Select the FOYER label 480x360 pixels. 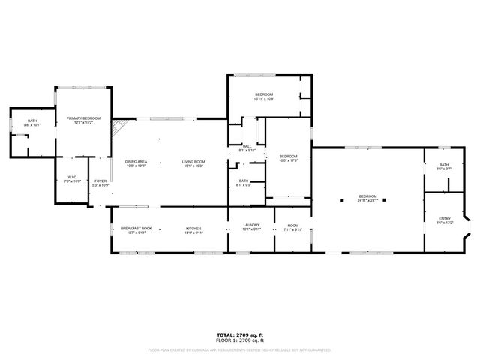coord(100,181)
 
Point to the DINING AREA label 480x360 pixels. coord(136,162)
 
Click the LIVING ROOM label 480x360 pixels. coord(193,162)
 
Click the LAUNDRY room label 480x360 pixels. coord(251,226)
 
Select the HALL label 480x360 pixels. coord(247,146)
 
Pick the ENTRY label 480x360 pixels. coord(445,219)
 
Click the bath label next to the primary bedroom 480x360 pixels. coord(32,121)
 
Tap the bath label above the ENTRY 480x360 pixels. coord(444,165)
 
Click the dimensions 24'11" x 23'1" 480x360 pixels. coord(367,199)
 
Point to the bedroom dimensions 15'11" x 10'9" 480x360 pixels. coord(264,98)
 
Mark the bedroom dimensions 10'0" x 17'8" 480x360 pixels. coord(289,160)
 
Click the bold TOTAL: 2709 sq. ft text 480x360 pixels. coord(239,334)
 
